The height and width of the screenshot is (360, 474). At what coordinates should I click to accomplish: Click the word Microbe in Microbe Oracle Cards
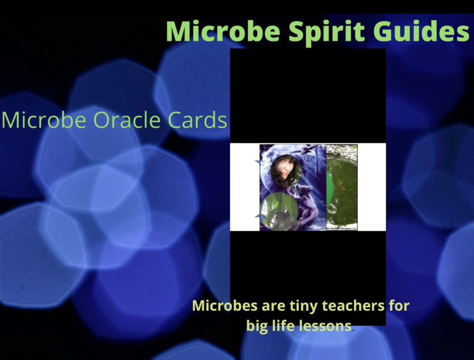(44, 120)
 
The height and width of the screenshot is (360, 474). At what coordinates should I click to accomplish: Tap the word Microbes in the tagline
(225, 305)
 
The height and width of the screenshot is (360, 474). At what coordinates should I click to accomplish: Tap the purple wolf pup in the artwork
(307, 203)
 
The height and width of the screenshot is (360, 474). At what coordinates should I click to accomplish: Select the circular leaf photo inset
(279, 210)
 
